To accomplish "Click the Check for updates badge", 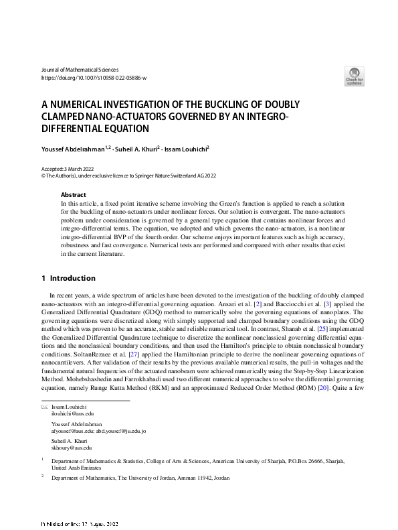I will click(x=355, y=75).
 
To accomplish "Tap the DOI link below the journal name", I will click(x=94, y=78).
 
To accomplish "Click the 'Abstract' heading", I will click(x=73, y=194).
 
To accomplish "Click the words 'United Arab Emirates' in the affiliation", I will click(x=78, y=468).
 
